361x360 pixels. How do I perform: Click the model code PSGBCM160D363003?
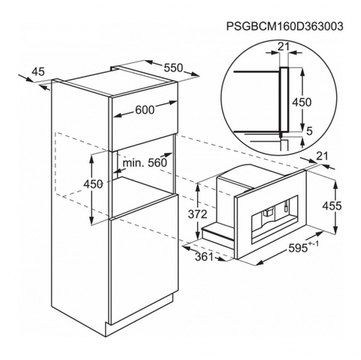tap(284, 26)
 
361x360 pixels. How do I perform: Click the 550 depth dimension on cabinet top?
tap(174, 68)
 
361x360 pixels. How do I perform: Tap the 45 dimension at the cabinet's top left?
tap(38, 72)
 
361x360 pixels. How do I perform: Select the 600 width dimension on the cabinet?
tap(144, 109)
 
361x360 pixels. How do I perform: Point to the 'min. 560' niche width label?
tap(144, 162)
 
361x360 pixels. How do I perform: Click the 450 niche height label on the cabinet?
tap(93, 184)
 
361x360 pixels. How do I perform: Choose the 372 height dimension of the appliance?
tap(198, 214)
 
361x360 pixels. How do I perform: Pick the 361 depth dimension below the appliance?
tap(204, 256)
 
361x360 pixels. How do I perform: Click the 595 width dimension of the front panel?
tap(298, 248)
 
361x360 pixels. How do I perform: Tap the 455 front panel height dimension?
tap(332, 206)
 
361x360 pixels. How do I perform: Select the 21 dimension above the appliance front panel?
tap(322, 156)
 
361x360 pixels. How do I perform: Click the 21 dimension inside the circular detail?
tap(284, 47)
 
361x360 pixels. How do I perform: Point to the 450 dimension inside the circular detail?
tap(302, 102)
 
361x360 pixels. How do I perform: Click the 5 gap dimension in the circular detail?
tap(310, 131)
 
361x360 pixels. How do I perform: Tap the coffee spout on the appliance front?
tap(267, 213)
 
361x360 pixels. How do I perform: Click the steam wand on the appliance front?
tap(285, 206)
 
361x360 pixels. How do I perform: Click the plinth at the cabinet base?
tap(141, 322)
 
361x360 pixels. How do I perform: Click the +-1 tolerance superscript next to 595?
tap(314, 244)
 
